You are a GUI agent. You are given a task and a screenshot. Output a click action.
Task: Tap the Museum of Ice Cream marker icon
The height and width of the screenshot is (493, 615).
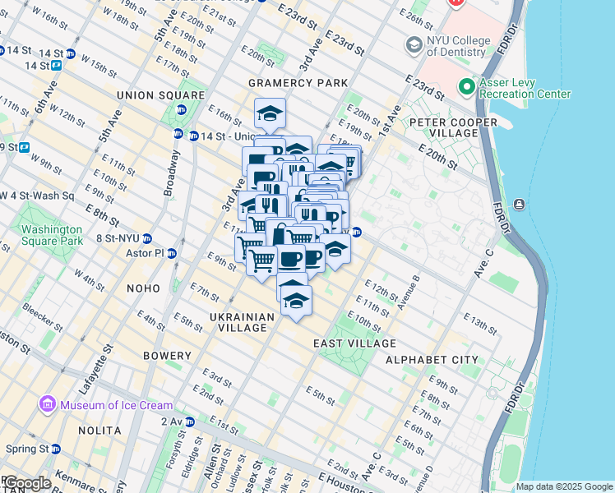click(x=46, y=405)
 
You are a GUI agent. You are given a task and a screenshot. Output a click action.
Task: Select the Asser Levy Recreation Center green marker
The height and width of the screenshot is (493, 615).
click(x=466, y=86)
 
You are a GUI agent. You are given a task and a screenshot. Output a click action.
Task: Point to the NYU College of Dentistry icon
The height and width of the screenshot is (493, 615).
click(x=414, y=44)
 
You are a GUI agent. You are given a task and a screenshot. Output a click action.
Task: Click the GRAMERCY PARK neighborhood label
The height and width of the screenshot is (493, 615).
click(x=298, y=83)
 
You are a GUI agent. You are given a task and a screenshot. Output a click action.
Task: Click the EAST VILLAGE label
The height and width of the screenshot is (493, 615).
click(x=355, y=343)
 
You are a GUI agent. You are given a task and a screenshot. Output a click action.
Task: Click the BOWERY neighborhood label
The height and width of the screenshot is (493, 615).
click(x=166, y=356)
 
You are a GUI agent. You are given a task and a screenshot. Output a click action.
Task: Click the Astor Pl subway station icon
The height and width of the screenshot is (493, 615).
click(x=172, y=253)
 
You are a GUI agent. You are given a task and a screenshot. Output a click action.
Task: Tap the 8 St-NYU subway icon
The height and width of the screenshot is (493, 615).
click(x=146, y=238)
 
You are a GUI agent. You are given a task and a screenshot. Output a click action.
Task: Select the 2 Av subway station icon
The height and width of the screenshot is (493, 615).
click(x=190, y=422)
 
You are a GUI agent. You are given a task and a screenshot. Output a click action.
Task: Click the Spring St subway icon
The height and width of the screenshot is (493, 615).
click(x=56, y=449)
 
